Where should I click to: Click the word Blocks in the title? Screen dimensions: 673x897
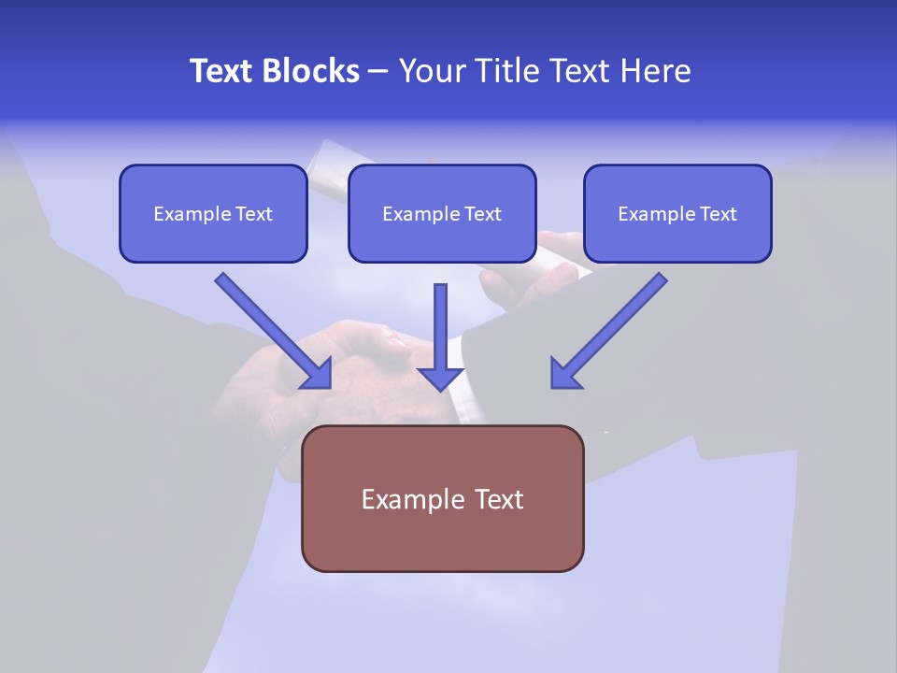click(311, 71)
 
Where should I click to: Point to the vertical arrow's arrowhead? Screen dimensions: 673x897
click(440, 377)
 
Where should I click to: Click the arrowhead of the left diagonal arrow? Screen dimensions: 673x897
click(318, 374)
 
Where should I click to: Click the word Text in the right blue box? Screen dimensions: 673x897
click(718, 214)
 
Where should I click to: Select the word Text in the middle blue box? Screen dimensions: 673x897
click(482, 214)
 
